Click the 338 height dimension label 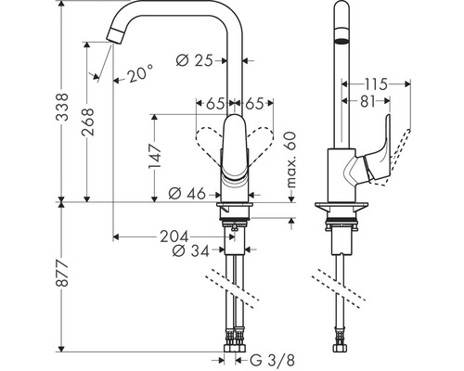point(62,107)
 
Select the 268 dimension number point(87,122)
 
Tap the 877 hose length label point(62,274)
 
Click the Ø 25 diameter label point(195,60)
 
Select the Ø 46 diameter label point(187,194)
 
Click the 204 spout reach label point(174,237)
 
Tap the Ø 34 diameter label point(191,250)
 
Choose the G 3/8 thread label point(272,360)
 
